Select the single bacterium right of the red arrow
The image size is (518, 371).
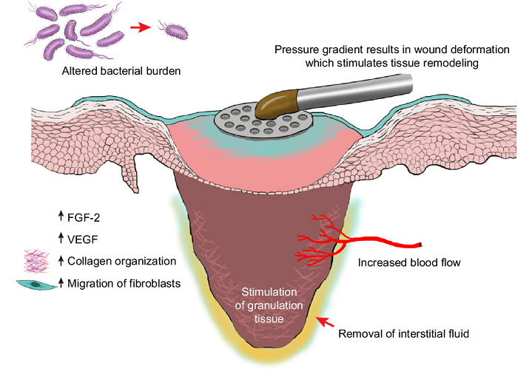pos(172,32)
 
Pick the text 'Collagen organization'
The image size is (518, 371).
pos(121,261)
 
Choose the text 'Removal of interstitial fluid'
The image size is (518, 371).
pos(403,333)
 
